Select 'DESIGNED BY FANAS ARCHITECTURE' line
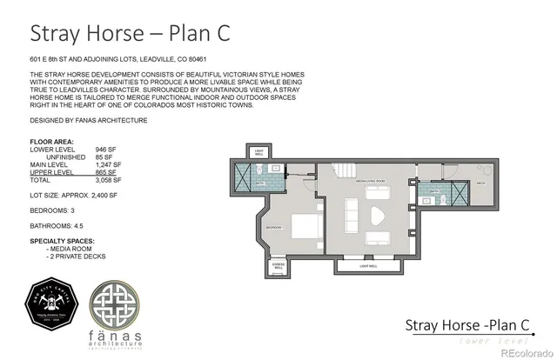tap(88, 120)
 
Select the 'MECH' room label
tap(481, 183)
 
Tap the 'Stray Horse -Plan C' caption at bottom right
tap(467, 325)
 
